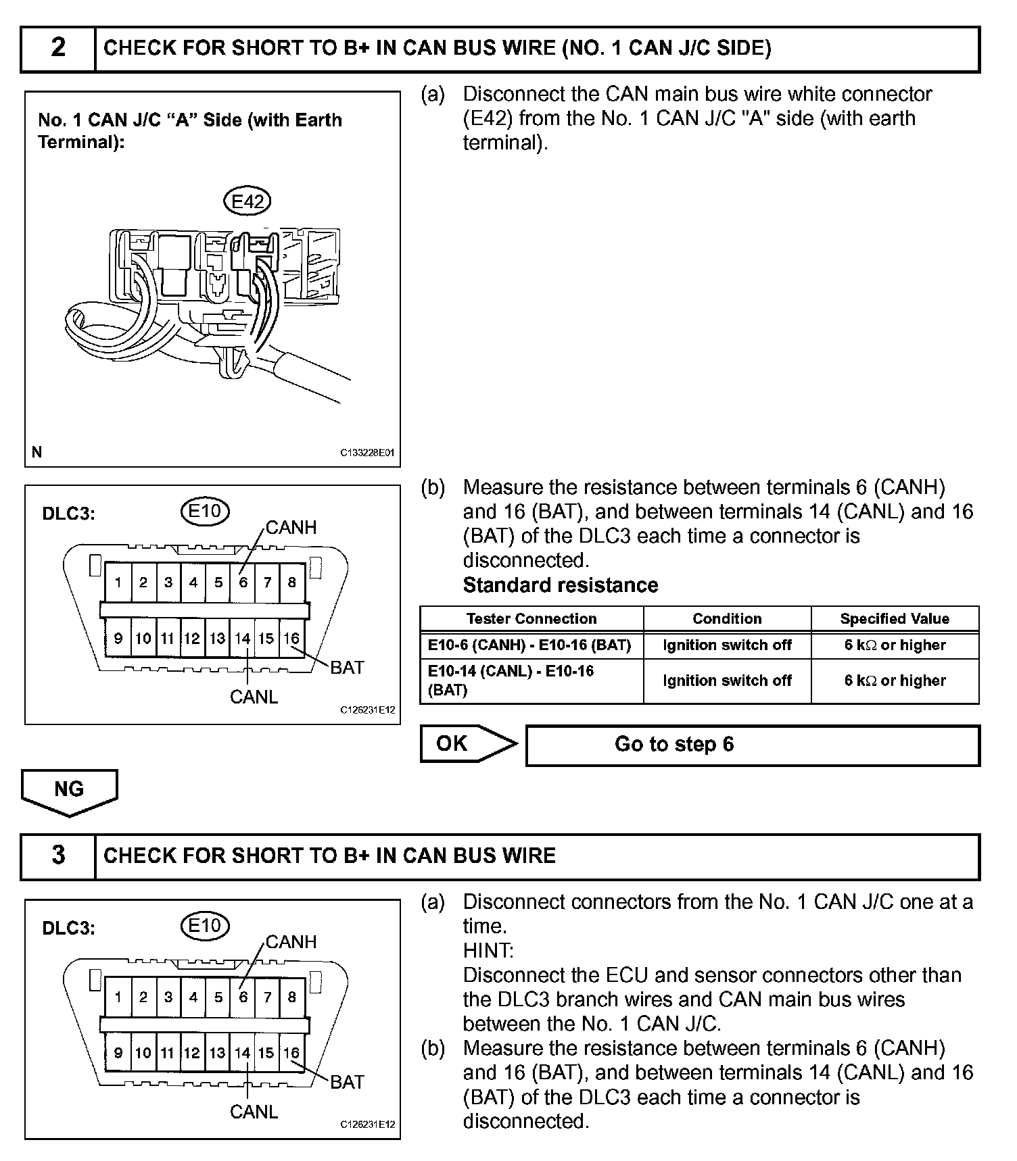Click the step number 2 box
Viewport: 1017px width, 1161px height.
click(58, 48)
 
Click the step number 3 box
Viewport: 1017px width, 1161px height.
click(58, 856)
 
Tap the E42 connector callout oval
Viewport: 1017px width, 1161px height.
click(247, 201)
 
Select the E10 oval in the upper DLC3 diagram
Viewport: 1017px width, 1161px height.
click(205, 511)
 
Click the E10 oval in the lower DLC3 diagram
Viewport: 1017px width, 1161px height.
click(205, 925)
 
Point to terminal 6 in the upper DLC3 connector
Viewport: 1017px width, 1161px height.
click(243, 583)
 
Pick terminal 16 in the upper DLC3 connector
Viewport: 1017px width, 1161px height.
click(291, 639)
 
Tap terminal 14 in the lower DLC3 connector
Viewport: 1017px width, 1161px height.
click(243, 1053)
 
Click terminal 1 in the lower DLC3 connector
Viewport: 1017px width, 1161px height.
click(118, 997)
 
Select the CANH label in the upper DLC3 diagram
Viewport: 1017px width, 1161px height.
click(291, 527)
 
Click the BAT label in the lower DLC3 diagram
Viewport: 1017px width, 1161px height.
click(347, 1082)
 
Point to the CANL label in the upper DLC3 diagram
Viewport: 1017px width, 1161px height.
click(254, 697)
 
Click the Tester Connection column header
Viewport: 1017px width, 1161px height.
click(531, 618)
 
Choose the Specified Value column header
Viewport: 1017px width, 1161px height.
click(894, 618)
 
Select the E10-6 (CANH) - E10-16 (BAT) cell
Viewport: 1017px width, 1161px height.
click(530, 645)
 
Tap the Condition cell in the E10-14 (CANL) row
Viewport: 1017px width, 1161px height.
click(727, 681)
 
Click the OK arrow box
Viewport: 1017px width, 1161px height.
click(467, 743)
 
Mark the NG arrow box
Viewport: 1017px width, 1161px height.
click(69, 789)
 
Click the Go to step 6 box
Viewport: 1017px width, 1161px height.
click(752, 745)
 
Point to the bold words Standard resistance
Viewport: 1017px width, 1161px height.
click(560, 585)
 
